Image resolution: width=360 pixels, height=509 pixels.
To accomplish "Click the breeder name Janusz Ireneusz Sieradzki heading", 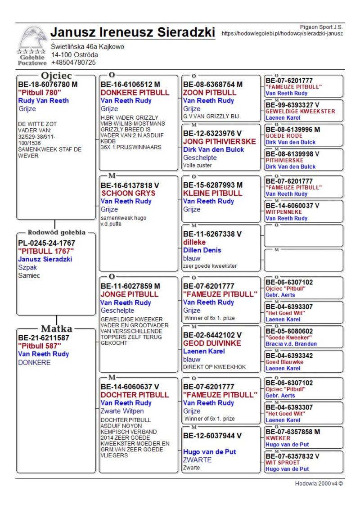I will pos(133,32).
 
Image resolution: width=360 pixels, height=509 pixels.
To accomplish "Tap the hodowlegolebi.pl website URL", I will pos(282,33).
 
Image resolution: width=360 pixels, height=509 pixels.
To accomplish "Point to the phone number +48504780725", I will pos(73,63).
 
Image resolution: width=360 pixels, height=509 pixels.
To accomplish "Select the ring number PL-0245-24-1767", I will pos(46,243).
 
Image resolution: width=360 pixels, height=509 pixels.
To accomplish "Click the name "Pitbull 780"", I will pos(39,93).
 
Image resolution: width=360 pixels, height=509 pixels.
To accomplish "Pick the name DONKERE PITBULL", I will pos(135,93).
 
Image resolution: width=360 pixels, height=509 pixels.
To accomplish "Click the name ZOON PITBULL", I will pos(209,93).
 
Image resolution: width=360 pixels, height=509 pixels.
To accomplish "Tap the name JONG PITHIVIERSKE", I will pos(219,141).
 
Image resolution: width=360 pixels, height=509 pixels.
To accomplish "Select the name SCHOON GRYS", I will pos(128,194).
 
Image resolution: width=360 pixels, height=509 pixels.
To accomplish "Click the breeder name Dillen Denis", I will pos(202,250).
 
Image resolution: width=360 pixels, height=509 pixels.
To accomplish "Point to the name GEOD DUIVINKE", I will pos(212,343).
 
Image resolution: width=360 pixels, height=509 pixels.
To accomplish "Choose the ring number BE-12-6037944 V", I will pos(212,436).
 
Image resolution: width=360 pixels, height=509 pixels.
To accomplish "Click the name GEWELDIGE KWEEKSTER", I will pos(300,111).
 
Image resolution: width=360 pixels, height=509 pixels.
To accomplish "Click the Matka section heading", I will pos(57,328).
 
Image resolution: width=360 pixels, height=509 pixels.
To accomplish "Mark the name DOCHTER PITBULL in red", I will pos(135,395).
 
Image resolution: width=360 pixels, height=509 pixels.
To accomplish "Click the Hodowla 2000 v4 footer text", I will pos(319,484).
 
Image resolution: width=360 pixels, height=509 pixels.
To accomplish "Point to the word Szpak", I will pos(27,267).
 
